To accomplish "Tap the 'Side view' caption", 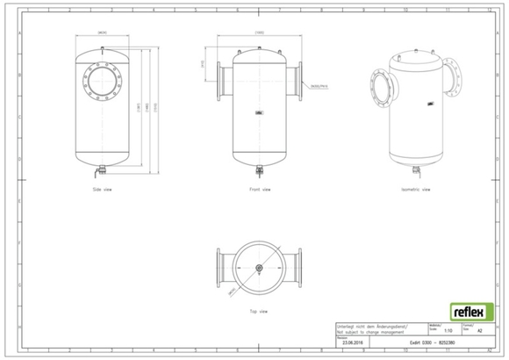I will pyautogui.click(x=102, y=189).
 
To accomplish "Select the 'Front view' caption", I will pyautogui.click(x=260, y=189).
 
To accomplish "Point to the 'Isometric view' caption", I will pyautogui.click(x=414, y=189).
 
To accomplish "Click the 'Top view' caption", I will pyautogui.click(x=260, y=310).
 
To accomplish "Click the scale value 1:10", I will pyautogui.click(x=448, y=332).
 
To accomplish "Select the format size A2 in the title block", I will pyautogui.click(x=479, y=332).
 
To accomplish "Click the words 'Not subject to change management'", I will pyautogui.click(x=369, y=332).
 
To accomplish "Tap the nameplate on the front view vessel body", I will pyautogui.click(x=260, y=112).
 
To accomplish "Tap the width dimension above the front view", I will pyautogui.click(x=260, y=32).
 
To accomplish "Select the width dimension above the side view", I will pyautogui.click(x=103, y=32).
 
